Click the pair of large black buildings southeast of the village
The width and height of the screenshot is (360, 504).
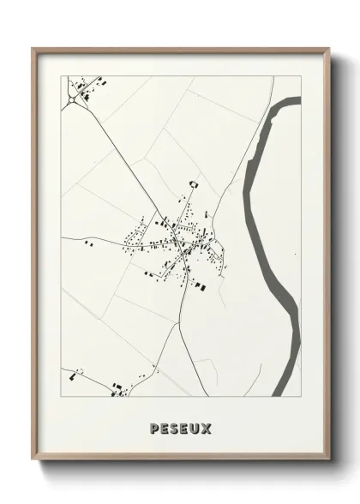(200, 283)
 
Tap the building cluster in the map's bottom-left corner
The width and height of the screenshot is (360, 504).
(73, 375)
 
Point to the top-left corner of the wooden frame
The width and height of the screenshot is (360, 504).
(33, 48)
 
